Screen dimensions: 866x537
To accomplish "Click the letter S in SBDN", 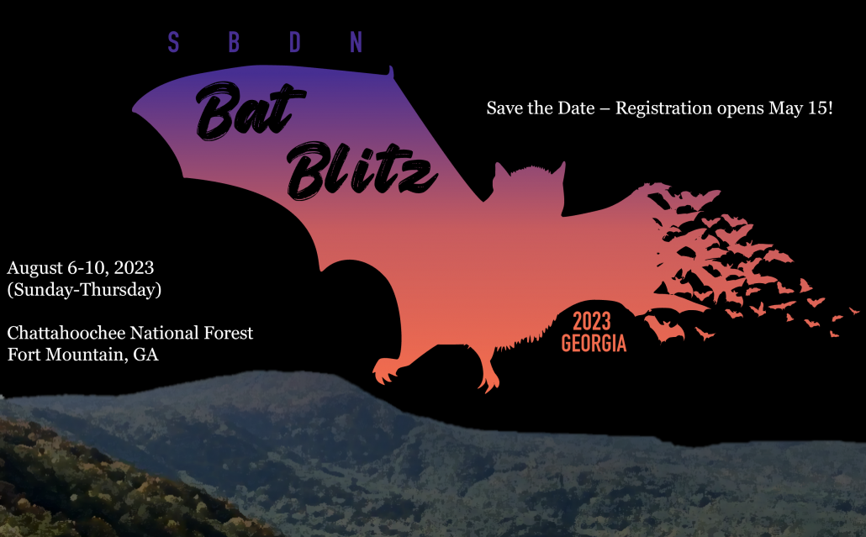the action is point(173,42).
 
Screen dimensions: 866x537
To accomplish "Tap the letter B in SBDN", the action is point(235,42).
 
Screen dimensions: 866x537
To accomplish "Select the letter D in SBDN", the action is point(295,42).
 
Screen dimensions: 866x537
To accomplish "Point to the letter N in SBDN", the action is point(356,42).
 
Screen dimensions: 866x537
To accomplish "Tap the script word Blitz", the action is point(362,171).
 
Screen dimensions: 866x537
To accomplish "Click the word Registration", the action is point(663,108).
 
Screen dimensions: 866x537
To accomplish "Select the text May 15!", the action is point(800,108).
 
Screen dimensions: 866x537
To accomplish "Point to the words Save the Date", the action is point(540,108).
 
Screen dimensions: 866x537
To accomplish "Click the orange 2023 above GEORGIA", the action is point(592,321).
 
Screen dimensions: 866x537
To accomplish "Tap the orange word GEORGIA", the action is point(594,343).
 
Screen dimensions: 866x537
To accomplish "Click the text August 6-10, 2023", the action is point(81,268).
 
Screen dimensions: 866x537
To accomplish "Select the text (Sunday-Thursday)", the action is point(85,290).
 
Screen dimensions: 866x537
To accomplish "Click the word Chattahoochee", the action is point(66,333).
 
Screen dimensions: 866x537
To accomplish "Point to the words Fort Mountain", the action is point(66,355).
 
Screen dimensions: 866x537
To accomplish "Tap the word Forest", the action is point(228,333).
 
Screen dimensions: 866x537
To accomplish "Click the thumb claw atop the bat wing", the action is point(390,72).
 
